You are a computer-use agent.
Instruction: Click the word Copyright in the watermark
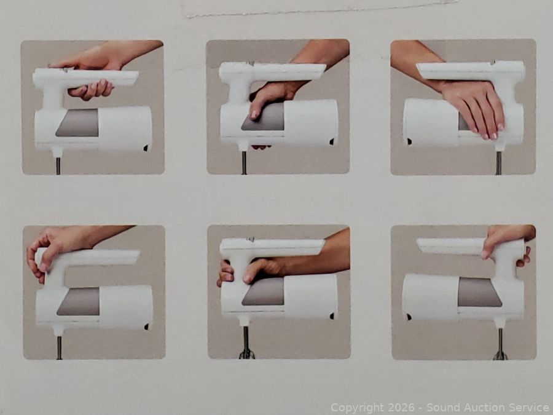[x=357, y=408]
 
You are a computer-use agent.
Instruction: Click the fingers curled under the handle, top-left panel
[x=91, y=90]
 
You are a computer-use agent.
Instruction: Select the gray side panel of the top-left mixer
[x=77, y=122]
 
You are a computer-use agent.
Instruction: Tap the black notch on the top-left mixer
[x=146, y=148]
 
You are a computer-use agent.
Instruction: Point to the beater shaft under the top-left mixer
[x=58, y=165]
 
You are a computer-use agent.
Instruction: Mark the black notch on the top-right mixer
[x=409, y=141]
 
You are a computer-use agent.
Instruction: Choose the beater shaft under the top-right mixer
[x=498, y=163]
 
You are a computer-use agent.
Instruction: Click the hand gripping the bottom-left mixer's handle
[x=57, y=249]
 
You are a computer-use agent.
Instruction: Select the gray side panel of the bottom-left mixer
[x=78, y=301]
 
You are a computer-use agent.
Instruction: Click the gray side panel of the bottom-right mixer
[x=480, y=292]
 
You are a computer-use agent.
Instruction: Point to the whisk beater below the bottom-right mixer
[x=500, y=344]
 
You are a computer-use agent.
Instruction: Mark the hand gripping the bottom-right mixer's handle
[x=508, y=243]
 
